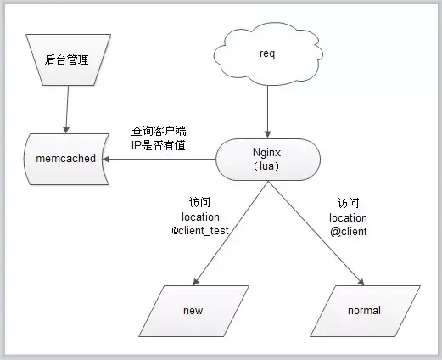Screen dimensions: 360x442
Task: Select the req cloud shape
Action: [268, 53]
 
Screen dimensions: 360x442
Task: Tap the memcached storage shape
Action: [59, 158]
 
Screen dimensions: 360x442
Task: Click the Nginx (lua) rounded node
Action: [267, 159]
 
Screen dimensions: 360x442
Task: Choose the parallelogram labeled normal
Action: [363, 310]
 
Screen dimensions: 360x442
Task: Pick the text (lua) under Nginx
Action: [268, 166]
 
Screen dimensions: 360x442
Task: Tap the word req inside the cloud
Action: [268, 54]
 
